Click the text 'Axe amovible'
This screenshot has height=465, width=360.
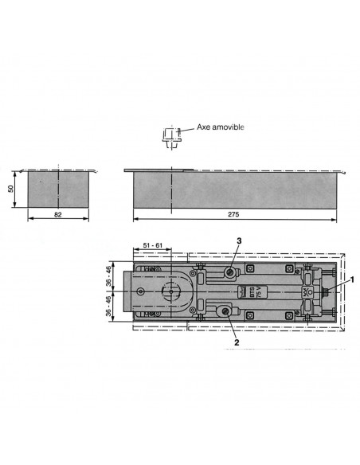221,127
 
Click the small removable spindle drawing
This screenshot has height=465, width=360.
172,138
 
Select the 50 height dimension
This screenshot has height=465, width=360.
11,189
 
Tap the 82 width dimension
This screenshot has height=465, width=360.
58,214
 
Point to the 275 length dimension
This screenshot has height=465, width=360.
233,214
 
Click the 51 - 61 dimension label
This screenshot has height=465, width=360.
153,245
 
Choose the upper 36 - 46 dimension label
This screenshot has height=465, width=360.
108,276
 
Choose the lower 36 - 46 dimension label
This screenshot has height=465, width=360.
108,306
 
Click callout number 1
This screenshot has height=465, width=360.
352,279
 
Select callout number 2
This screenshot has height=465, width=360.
237,342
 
